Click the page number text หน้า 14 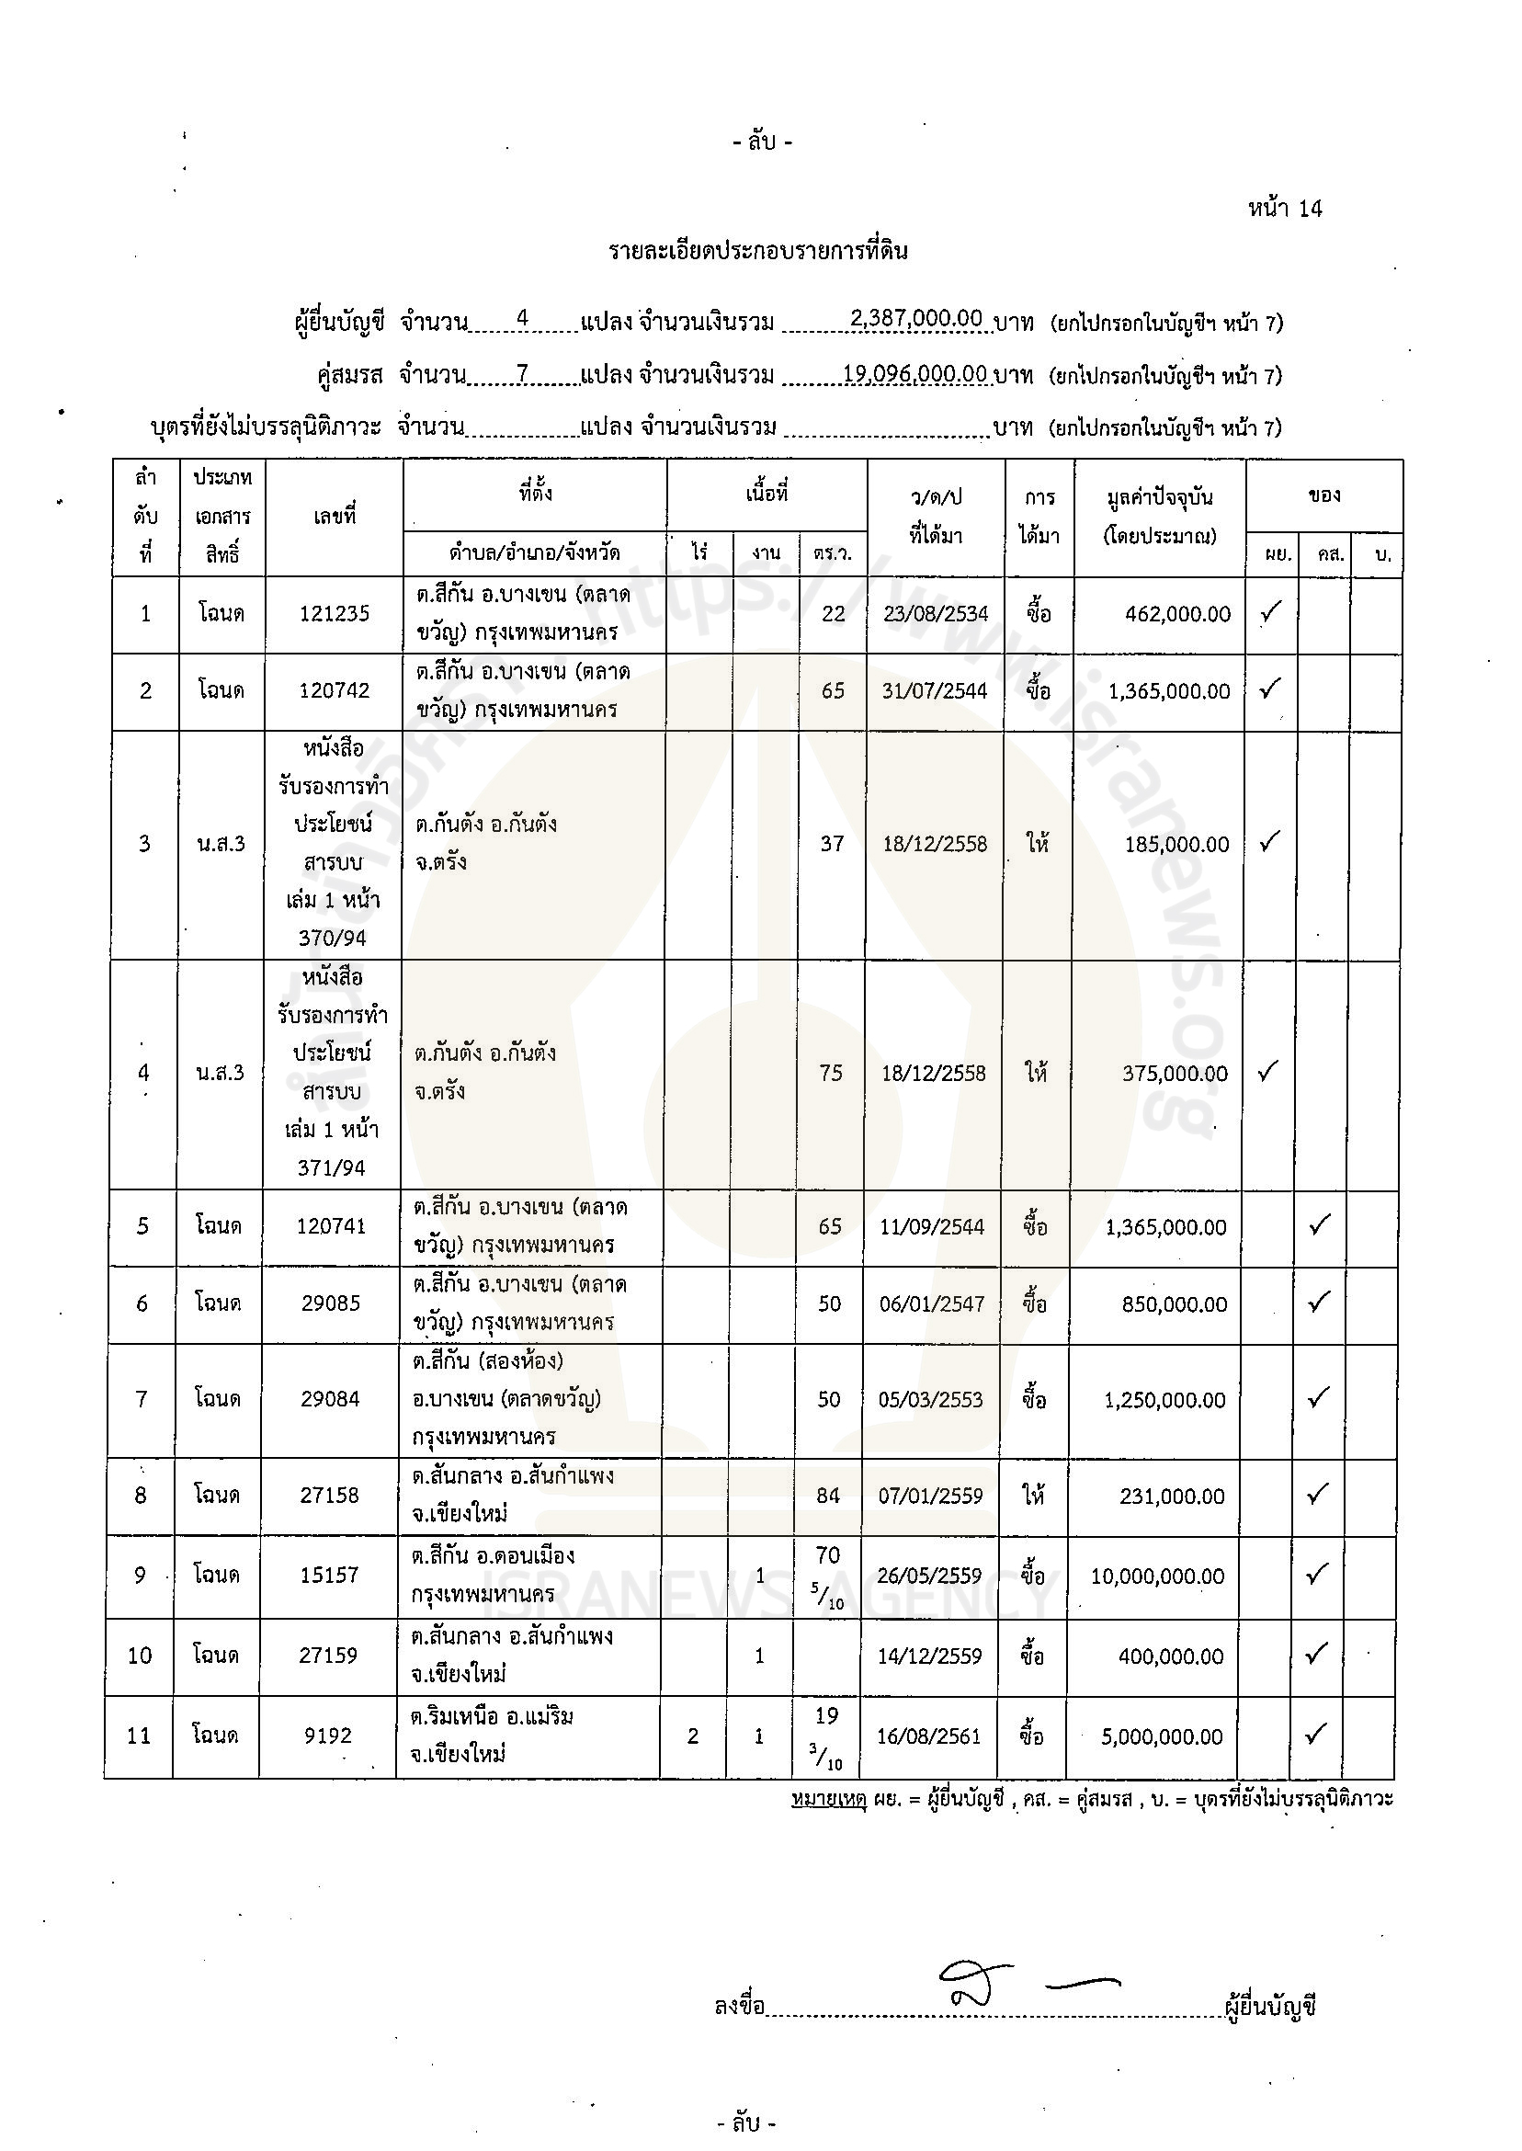click(1284, 208)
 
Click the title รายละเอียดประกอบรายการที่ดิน click(757, 251)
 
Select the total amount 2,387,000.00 click(915, 319)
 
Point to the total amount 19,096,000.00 click(914, 373)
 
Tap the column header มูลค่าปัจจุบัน click(1159, 497)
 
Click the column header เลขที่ click(335, 516)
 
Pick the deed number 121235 click(335, 614)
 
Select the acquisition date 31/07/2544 click(936, 690)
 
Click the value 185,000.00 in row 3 click(1176, 845)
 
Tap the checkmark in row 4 click(1268, 1070)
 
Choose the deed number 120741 click(331, 1226)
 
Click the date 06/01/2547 click(932, 1303)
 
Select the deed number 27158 click(329, 1495)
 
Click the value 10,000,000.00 click(1157, 1576)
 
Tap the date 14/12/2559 click(930, 1656)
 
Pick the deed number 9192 click(328, 1736)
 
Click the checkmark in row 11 click(1316, 1734)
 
